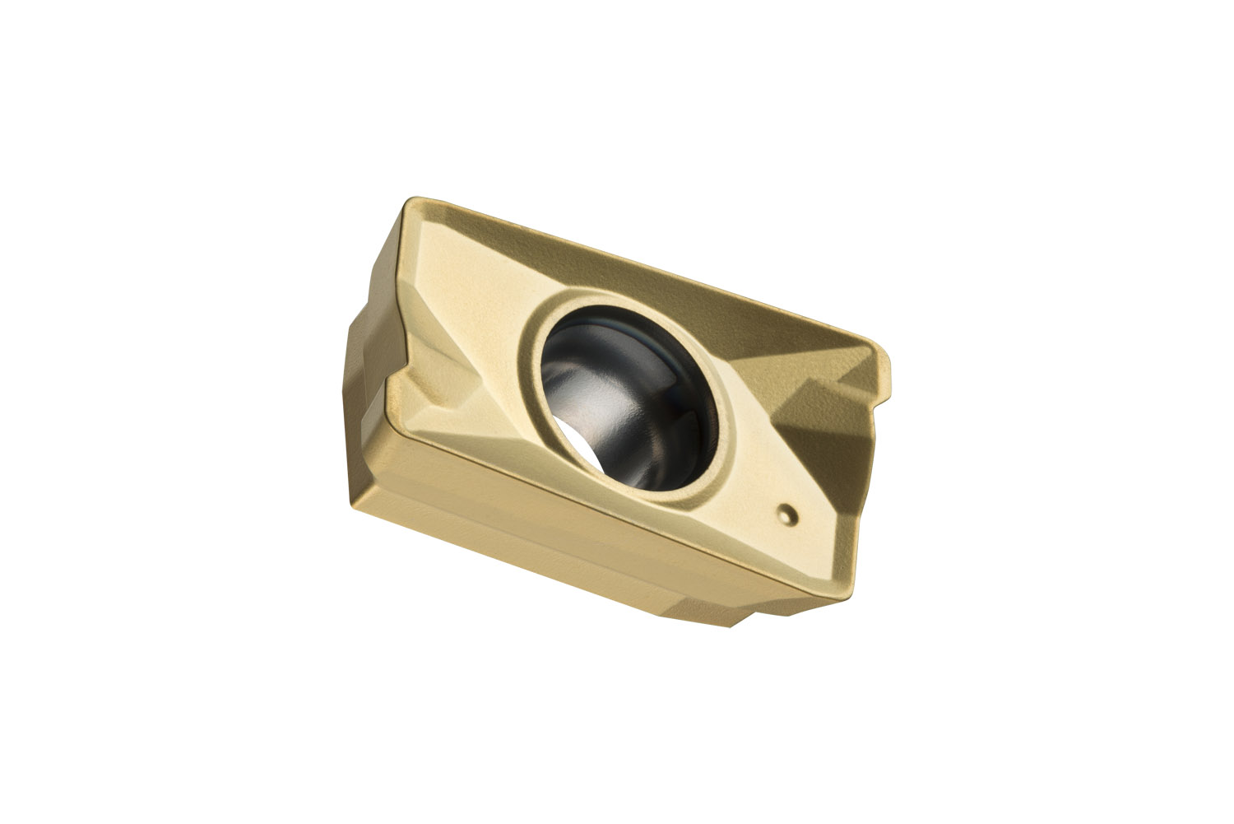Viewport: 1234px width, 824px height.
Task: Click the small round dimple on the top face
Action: click(788, 514)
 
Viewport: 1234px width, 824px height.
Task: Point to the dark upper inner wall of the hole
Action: click(625, 329)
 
